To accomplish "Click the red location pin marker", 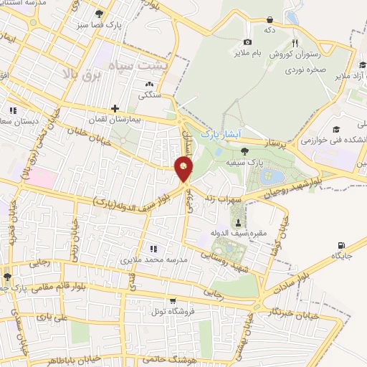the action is [183, 170].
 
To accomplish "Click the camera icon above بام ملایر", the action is [247, 42].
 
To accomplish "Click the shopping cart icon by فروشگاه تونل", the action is [171, 301].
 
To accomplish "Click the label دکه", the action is [270, 32].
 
